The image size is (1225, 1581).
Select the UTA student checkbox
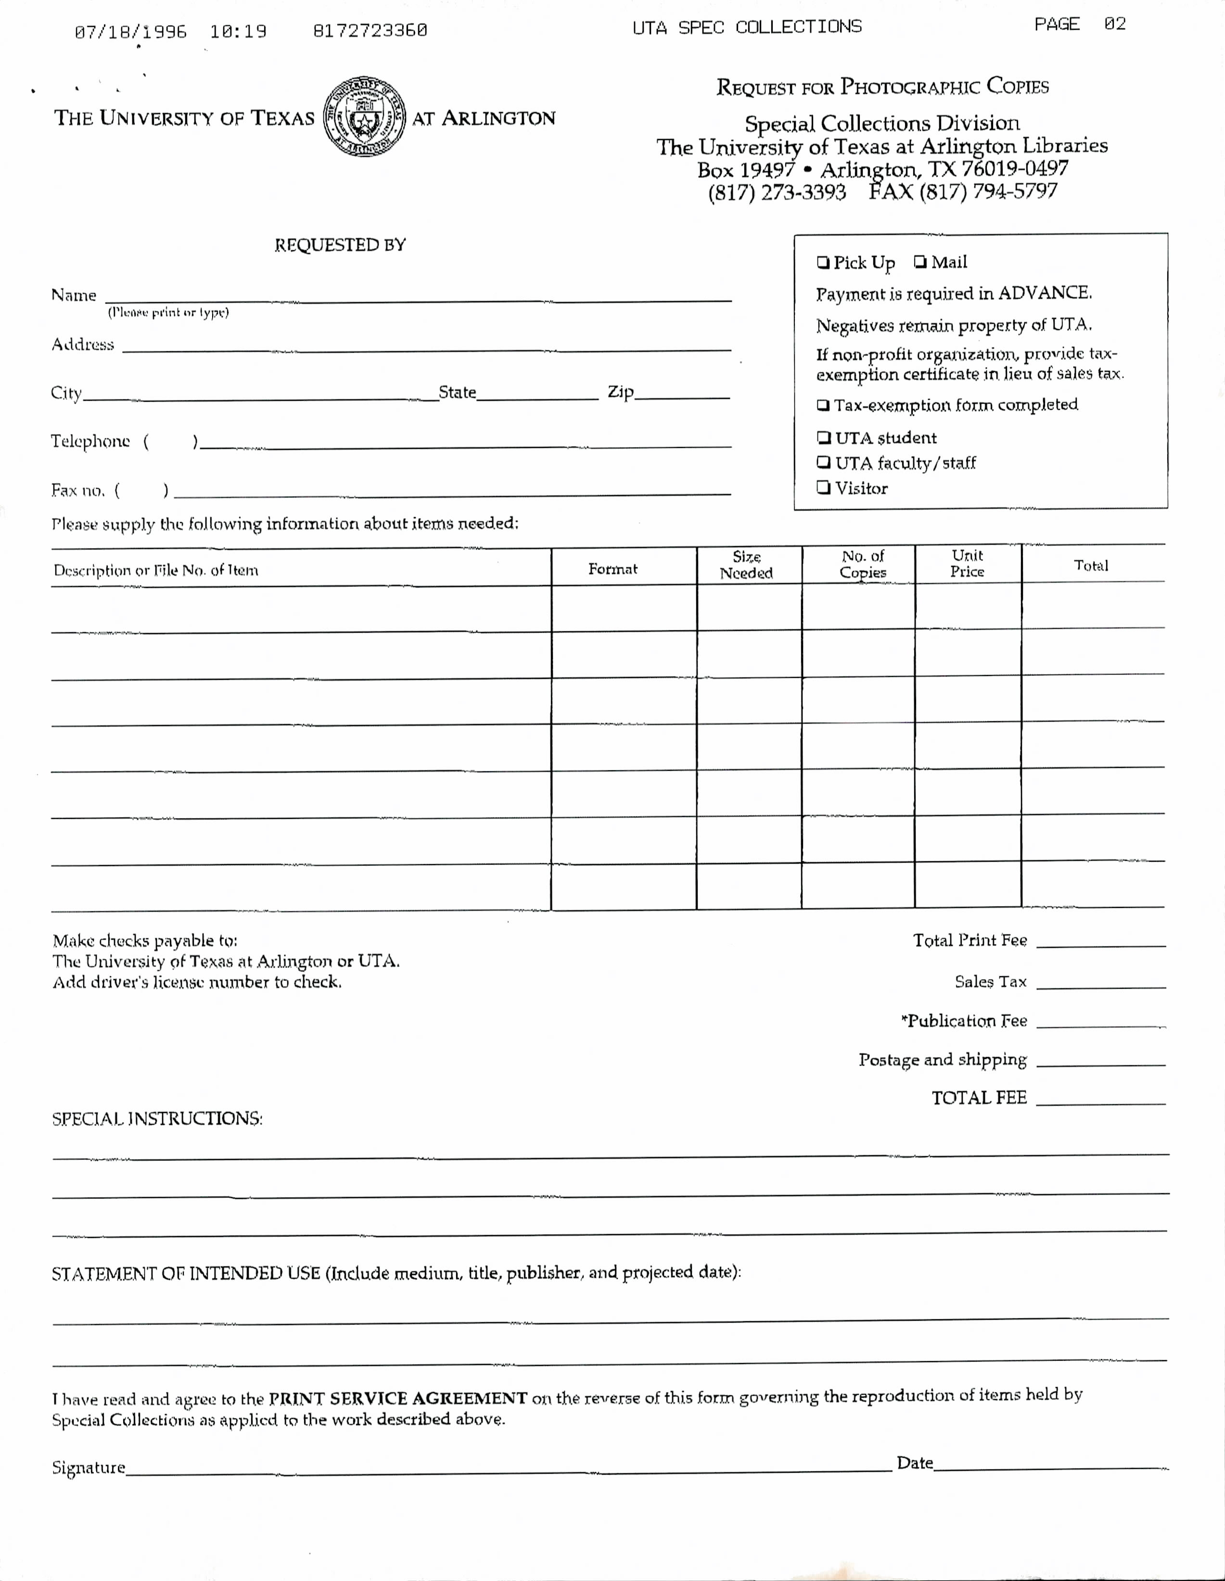(823, 437)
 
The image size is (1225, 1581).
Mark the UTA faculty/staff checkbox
(823, 462)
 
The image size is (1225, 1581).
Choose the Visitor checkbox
(823, 487)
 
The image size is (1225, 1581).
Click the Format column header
(612, 569)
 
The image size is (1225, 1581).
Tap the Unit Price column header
(967, 563)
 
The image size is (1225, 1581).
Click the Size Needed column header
(746, 565)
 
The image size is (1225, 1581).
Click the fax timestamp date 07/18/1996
(130, 32)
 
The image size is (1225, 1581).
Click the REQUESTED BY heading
(340, 245)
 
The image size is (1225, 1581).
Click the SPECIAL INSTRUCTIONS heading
(157, 1119)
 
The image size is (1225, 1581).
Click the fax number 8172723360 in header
(370, 30)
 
